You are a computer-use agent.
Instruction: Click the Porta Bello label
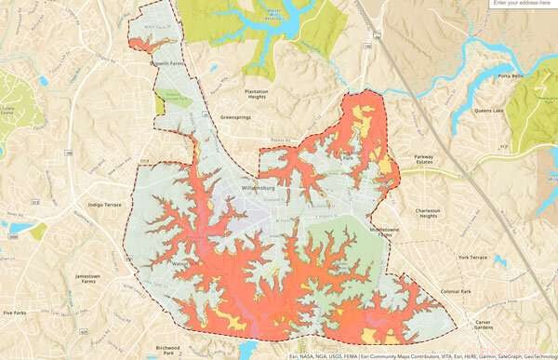pos(511,76)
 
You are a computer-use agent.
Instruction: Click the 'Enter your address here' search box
pos(523,4)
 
